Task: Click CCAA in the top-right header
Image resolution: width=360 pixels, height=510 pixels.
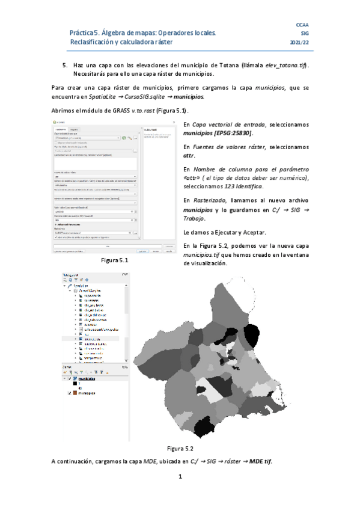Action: point(302,23)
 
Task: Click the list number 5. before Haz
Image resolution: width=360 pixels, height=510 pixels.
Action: point(66,64)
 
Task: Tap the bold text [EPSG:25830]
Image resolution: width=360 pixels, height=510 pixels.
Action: point(231,132)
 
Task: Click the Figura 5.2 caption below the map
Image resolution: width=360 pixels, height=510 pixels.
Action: point(180,448)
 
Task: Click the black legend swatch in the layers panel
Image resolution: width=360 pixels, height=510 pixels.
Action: point(75,383)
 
